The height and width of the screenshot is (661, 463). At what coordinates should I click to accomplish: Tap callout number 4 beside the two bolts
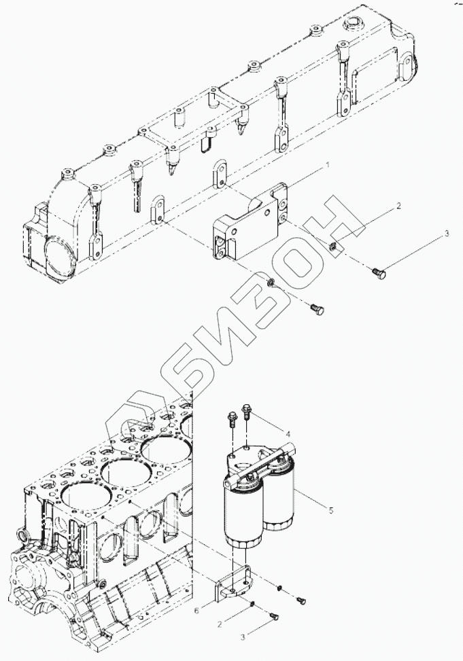(x=288, y=433)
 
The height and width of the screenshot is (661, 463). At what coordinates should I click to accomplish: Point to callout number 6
(x=196, y=611)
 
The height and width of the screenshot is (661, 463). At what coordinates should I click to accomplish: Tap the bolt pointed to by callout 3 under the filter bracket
(x=273, y=616)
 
